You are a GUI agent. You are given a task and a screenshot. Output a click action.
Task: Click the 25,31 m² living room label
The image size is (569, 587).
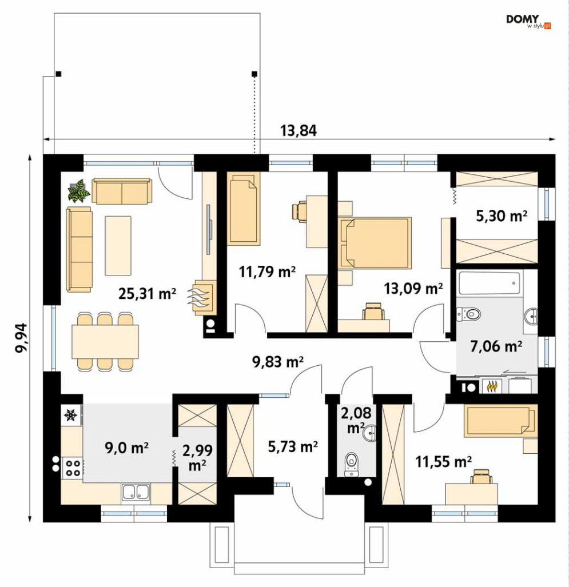click(x=147, y=294)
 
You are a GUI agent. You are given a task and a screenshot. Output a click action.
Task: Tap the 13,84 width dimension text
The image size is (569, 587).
click(x=299, y=131)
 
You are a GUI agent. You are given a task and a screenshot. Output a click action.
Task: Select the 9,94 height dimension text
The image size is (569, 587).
click(x=21, y=338)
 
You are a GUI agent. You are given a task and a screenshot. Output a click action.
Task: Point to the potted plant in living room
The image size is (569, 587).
click(x=79, y=190)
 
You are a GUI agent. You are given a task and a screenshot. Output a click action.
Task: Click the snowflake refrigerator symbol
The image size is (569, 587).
click(x=71, y=415)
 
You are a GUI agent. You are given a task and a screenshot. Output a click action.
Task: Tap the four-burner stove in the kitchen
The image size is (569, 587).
click(x=73, y=468)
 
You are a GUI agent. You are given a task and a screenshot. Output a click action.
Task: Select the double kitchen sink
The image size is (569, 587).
click(x=136, y=492)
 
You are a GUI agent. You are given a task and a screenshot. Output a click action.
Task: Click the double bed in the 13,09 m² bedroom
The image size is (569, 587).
click(x=375, y=243)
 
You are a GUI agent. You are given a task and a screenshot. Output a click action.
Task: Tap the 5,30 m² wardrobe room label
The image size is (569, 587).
click(x=502, y=216)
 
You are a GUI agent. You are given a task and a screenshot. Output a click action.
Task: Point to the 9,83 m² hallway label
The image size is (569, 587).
click(x=278, y=362)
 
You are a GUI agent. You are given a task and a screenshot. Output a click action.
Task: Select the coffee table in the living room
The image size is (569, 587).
click(x=118, y=246)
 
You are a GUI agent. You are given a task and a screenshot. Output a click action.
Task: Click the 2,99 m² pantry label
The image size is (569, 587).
click(x=197, y=457)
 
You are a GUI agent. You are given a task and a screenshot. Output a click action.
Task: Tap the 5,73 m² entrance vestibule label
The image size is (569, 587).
click(x=293, y=446)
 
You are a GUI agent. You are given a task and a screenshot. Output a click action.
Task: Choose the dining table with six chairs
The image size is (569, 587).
click(x=105, y=341)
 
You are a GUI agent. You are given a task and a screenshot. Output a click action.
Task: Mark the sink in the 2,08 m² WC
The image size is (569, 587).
click(x=370, y=433)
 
